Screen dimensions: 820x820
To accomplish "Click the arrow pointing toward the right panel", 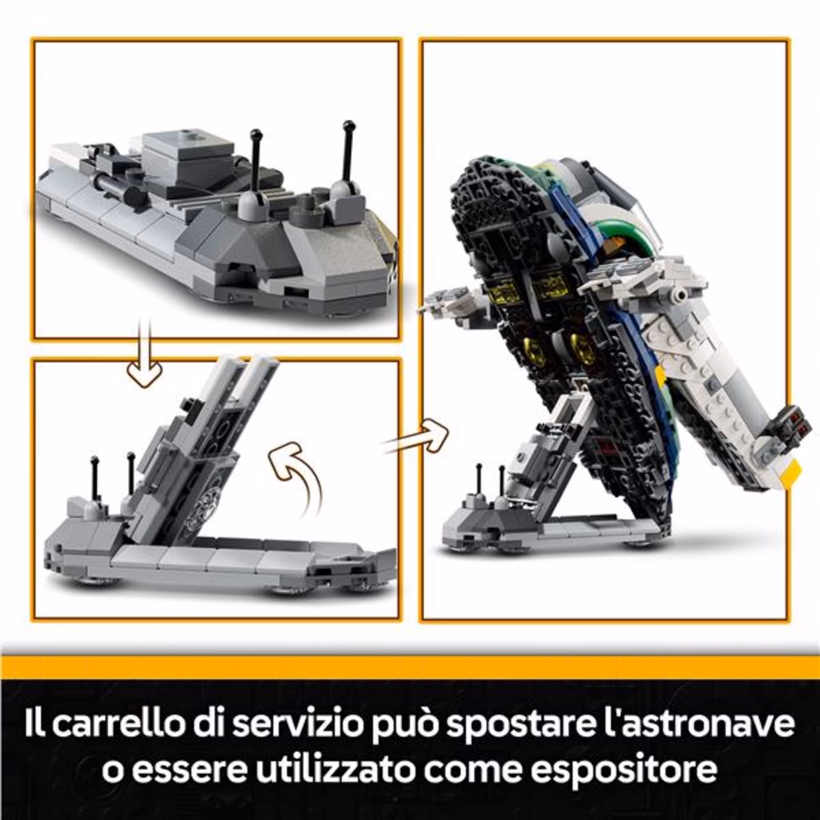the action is coord(416,437).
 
